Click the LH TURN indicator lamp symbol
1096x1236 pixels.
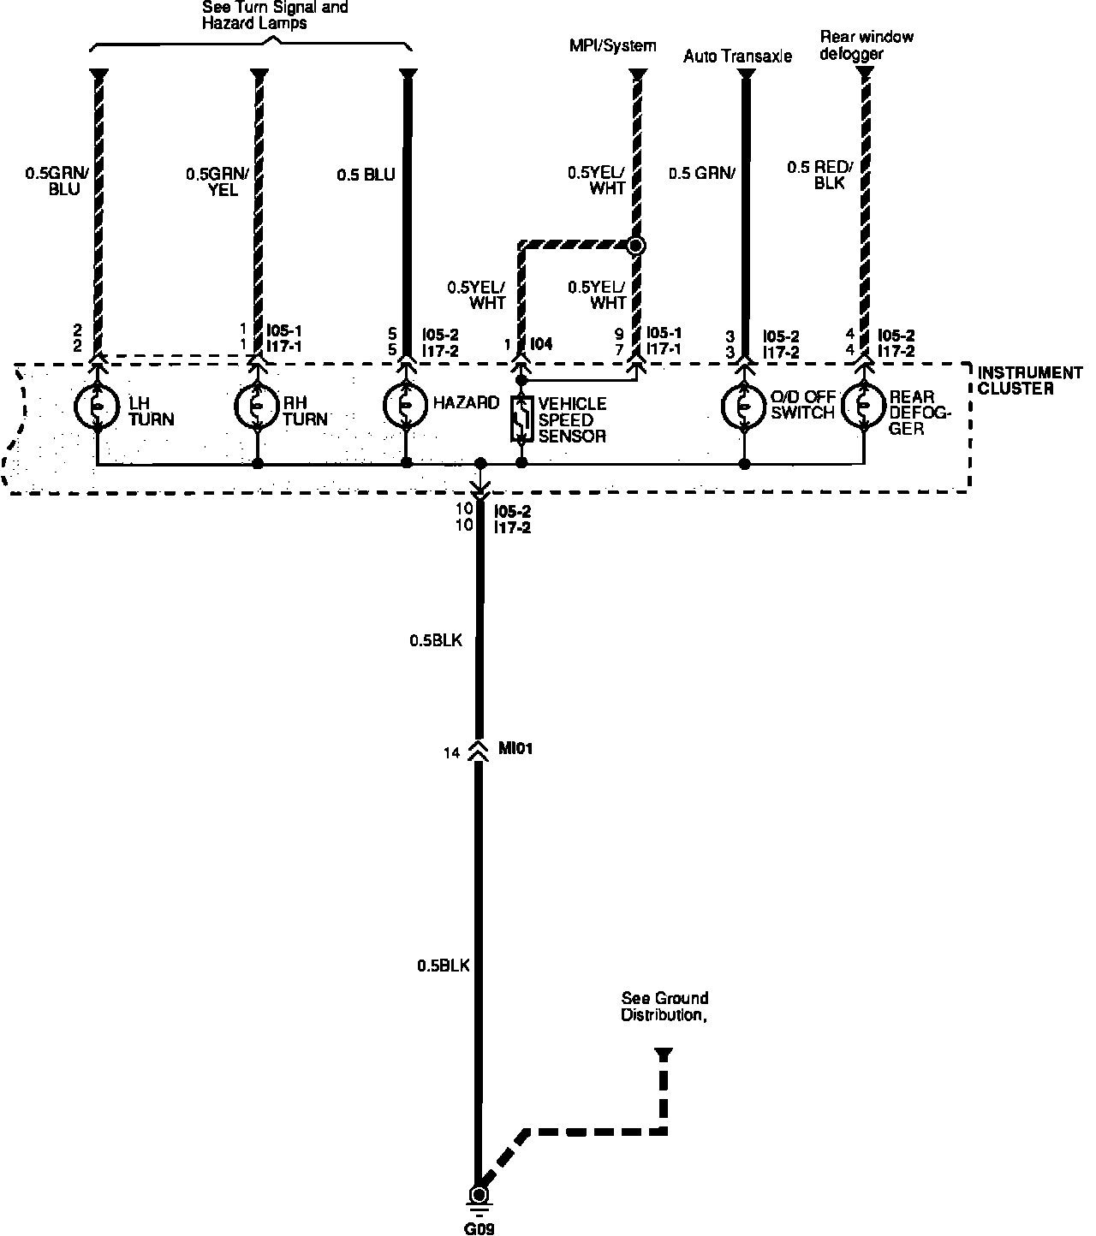(x=98, y=407)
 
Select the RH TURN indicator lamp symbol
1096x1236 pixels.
(x=257, y=407)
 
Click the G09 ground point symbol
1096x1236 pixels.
(x=479, y=1196)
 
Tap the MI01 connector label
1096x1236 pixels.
(x=516, y=749)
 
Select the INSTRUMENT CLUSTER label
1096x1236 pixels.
(x=1030, y=380)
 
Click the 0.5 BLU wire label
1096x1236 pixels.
(x=366, y=175)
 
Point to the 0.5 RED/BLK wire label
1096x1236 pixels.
(x=817, y=175)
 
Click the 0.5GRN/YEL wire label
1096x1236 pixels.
(x=217, y=181)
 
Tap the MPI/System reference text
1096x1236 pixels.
(x=613, y=45)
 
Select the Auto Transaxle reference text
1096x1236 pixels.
(x=737, y=56)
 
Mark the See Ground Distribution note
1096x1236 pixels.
(x=665, y=1007)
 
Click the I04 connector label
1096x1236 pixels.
(x=541, y=344)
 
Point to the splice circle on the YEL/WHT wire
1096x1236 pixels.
(x=635, y=247)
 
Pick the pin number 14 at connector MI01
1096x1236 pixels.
(x=452, y=753)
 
